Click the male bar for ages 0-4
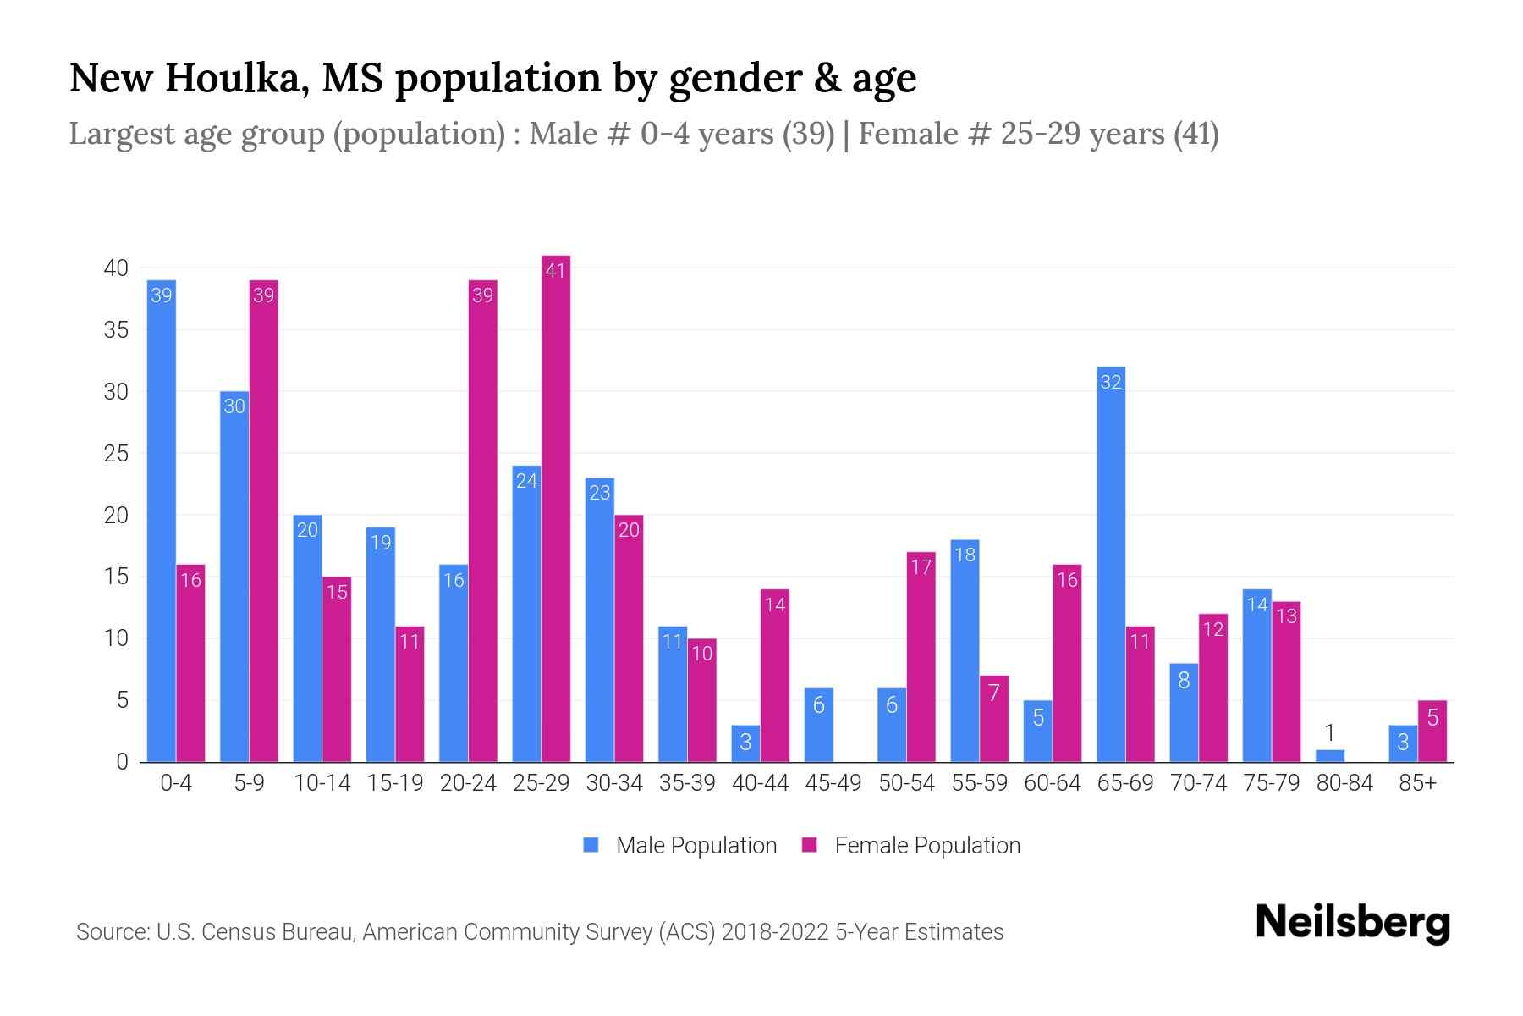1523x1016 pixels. (161, 521)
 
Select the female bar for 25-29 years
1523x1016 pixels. (556, 508)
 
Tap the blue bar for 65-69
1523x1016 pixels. (1111, 564)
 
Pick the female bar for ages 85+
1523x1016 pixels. (1432, 732)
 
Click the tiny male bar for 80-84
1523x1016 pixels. (1330, 756)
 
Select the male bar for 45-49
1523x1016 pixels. (818, 726)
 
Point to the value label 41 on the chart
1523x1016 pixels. (556, 271)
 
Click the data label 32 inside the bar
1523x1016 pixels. (1111, 383)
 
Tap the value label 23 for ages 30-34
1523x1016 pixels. (600, 494)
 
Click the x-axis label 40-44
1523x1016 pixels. (760, 783)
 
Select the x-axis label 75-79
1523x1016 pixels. (1271, 783)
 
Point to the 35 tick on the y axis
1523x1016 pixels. (116, 330)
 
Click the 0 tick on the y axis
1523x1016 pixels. (123, 762)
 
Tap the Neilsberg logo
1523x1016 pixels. (1352, 923)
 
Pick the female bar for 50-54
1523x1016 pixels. (921, 657)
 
